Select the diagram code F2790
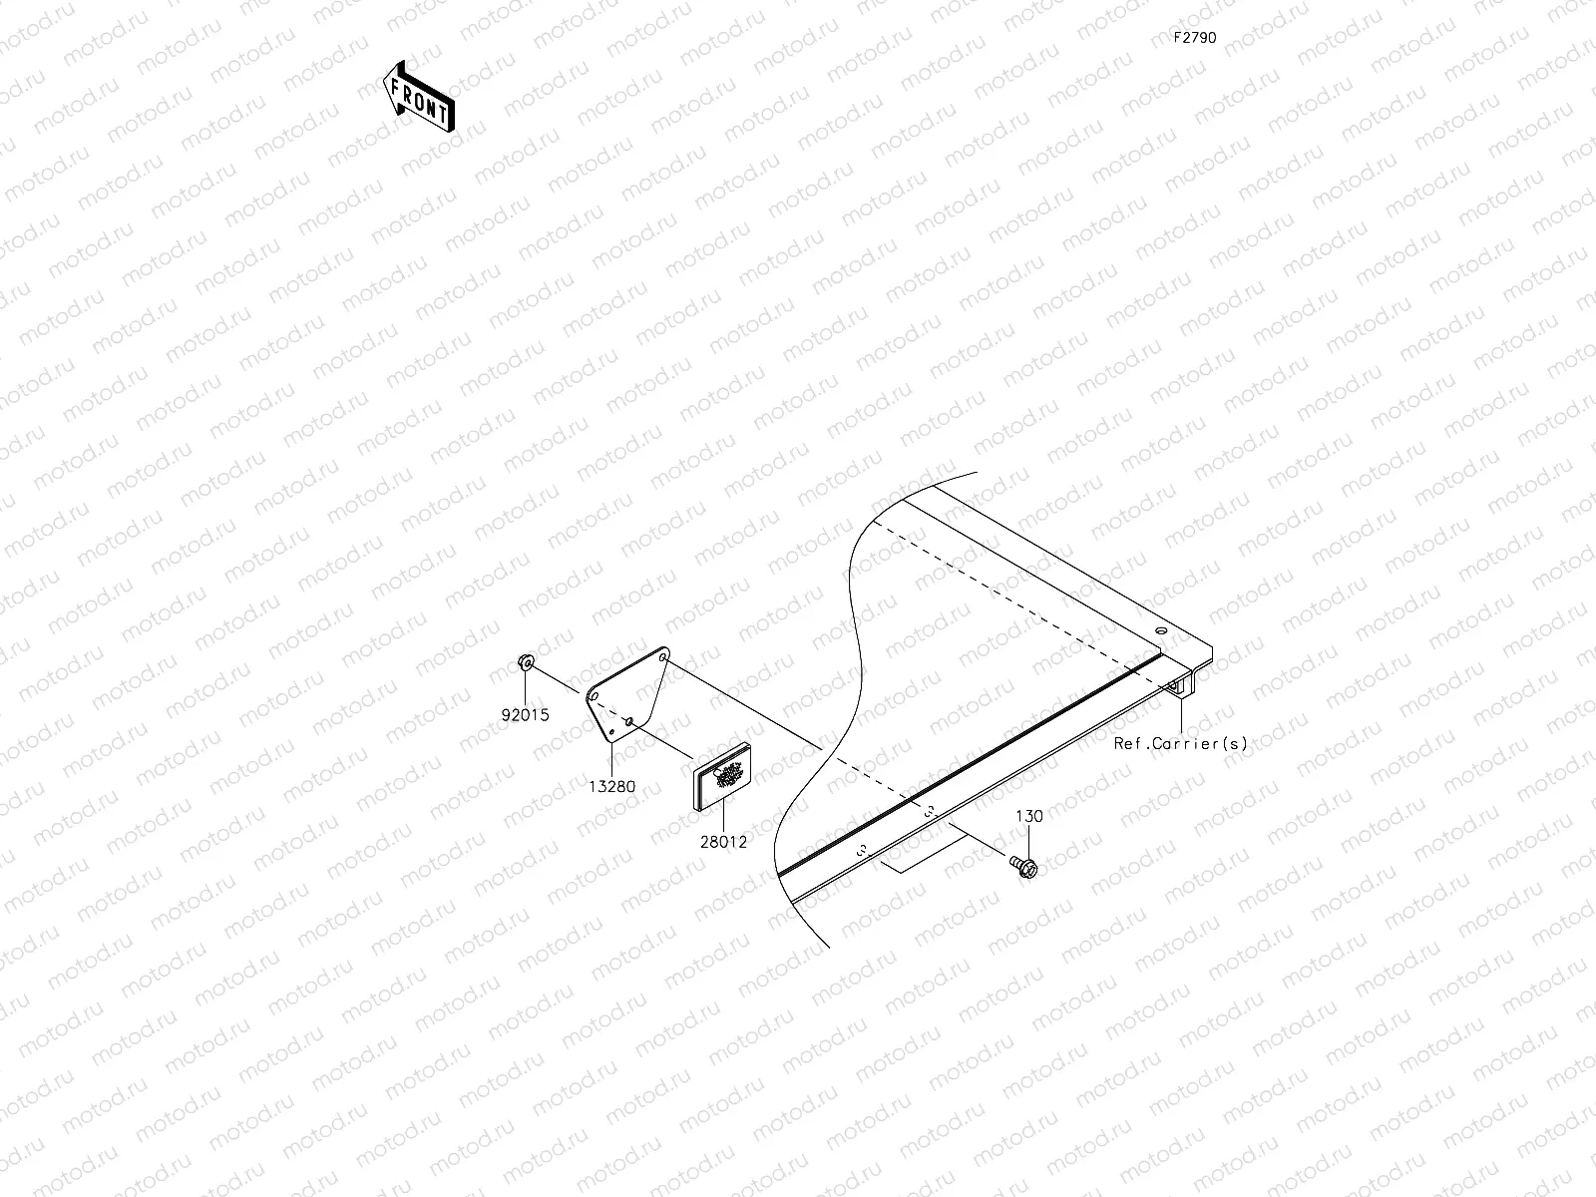point(1194,38)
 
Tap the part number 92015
point(526,715)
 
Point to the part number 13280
point(611,786)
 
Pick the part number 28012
point(723,841)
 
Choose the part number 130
point(1029,816)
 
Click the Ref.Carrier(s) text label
point(1180,743)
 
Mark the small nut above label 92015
point(526,662)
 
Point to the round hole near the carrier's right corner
point(1160,631)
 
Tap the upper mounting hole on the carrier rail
point(929,812)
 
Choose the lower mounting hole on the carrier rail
point(862,853)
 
